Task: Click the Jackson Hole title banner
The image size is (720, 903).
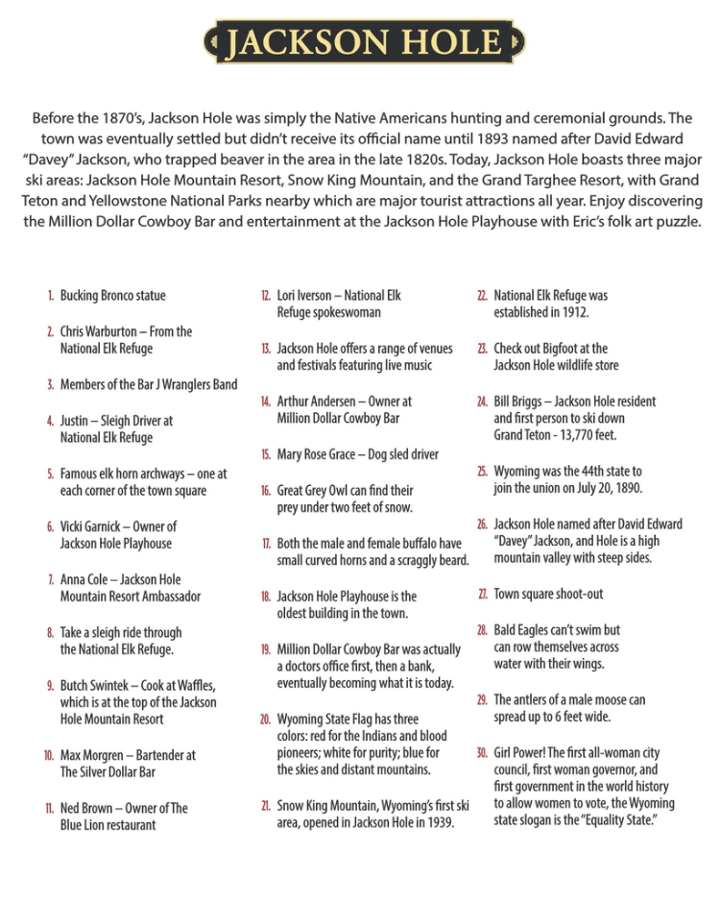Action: point(364,42)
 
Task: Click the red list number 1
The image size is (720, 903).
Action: point(49,296)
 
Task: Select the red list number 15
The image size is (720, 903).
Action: point(265,454)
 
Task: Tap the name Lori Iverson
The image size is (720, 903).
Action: point(304,296)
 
